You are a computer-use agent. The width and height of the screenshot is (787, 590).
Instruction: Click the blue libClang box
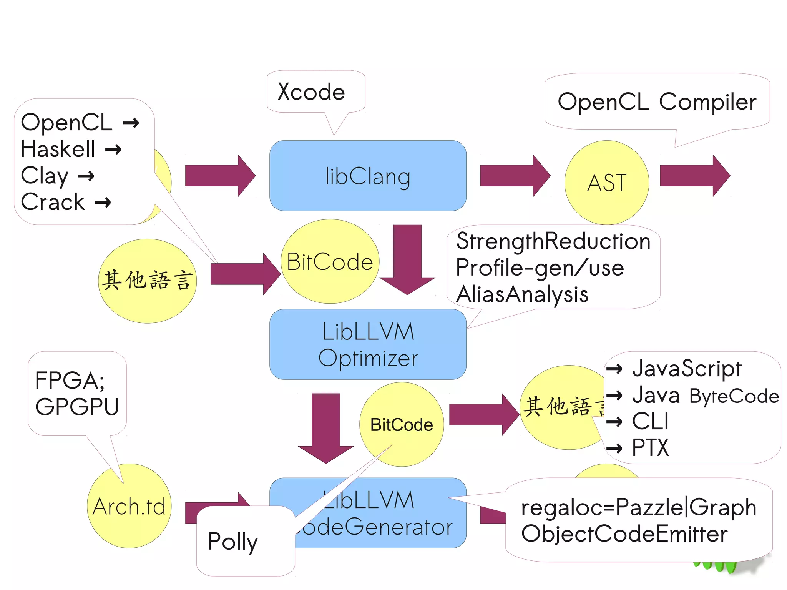click(368, 176)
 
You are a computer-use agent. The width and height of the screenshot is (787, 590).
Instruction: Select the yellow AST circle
click(606, 183)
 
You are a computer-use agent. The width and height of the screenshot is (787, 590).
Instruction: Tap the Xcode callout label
click(311, 92)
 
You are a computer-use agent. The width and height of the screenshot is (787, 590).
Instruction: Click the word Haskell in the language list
click(58, 149)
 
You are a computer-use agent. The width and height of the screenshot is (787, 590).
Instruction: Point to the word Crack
click(53, 202)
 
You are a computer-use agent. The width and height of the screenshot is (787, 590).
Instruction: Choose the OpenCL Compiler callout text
click(657, 102)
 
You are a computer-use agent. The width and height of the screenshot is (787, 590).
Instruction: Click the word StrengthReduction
click(553, 241)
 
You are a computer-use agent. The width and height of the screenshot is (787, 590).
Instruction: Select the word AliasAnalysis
click(522, 294)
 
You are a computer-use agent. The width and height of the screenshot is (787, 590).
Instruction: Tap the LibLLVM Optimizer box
click(368, 344)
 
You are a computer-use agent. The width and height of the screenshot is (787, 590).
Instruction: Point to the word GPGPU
click(77, 407)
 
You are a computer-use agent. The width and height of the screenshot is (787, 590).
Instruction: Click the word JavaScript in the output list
click(687, 369)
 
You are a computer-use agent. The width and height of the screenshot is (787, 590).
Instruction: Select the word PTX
click(650, 448)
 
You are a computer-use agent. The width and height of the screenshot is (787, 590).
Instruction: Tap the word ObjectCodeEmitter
click(624, 534)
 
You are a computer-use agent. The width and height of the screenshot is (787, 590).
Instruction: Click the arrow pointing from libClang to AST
click(515, 176)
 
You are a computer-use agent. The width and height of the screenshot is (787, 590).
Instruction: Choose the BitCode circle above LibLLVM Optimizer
click(330, 261)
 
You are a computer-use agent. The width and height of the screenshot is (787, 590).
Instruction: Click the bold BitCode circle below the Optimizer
click(402, 425)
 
